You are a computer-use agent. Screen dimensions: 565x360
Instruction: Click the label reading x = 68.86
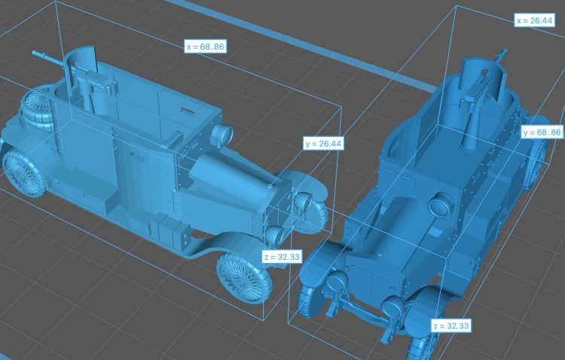[206, 47]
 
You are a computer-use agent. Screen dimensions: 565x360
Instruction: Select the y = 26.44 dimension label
[323, 143]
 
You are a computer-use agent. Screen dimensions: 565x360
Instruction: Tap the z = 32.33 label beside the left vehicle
[282, 257]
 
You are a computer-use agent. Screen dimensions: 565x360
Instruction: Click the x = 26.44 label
[534, 20]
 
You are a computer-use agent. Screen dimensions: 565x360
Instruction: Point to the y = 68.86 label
[542, 133]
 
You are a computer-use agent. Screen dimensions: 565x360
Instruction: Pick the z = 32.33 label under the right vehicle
[451, 326]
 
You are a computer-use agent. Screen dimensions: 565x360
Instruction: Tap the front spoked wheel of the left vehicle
[244, 277]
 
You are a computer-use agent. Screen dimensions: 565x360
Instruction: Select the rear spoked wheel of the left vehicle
[24, 172]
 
